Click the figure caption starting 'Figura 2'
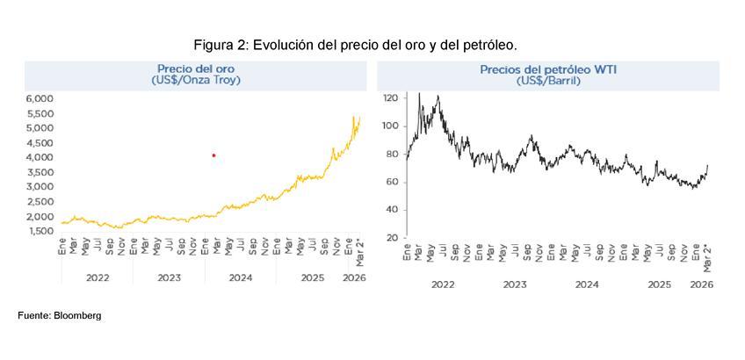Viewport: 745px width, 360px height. [355, 44]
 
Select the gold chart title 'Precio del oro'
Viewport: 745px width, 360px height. [195, 68]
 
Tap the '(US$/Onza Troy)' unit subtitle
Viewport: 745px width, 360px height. [195, 80]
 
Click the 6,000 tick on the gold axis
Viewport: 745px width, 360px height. [40, 98]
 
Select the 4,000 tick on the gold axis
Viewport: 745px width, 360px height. [40, 157]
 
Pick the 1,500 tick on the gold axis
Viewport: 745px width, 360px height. [40, 231]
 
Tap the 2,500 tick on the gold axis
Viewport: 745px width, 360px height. [40, 202]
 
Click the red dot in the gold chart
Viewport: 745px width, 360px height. [213, 155]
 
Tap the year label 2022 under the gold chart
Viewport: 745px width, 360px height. [97, 277]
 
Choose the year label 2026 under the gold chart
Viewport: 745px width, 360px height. [353, 277]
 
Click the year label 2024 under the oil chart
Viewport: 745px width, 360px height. [587, 284]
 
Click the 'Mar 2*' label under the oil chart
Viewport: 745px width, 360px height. [707, 257]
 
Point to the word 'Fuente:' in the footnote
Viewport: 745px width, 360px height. [34, 315]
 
